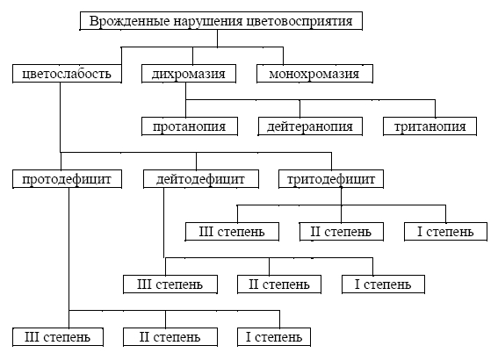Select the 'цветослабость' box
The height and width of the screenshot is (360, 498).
(x=67, y=73)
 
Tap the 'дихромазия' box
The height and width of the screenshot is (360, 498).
(x=189, y=73)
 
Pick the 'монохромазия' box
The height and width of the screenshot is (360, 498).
(x=314, y=73)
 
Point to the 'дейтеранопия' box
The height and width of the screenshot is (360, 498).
(x=310, y=126)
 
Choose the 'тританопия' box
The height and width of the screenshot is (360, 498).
(x=430, y=126)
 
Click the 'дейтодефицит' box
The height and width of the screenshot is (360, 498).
(x=201, y=180)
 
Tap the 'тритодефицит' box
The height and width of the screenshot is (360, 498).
(x=331, y=180)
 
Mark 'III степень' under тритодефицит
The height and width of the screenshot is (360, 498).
(x=233, y=232)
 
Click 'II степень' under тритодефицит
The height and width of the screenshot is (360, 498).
(x=342, y=232)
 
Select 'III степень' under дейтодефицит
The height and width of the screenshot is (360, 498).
(x=170, y=284)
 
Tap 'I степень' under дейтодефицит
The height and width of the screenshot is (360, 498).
(x=383, y=284)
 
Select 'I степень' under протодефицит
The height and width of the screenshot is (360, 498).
(x=273, y=336)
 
